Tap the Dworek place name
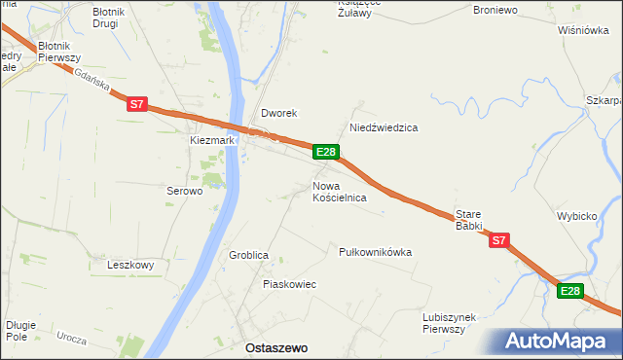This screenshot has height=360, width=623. (x=277, y=113)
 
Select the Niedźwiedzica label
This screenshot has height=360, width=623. (x=384, y=127)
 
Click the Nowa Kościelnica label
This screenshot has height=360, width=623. (x=339, y=191)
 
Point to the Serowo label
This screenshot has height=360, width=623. (x=183, y=192)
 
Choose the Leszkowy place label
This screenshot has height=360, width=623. (x=131, y=265)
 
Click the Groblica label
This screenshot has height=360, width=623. (x=248, y=255)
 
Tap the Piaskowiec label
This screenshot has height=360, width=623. (x=289, y=284)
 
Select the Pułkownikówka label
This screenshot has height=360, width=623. (x=375, y=252)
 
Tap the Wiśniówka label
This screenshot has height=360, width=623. (x=583, y=30)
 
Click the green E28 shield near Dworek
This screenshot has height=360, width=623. (x=326, y=152)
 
